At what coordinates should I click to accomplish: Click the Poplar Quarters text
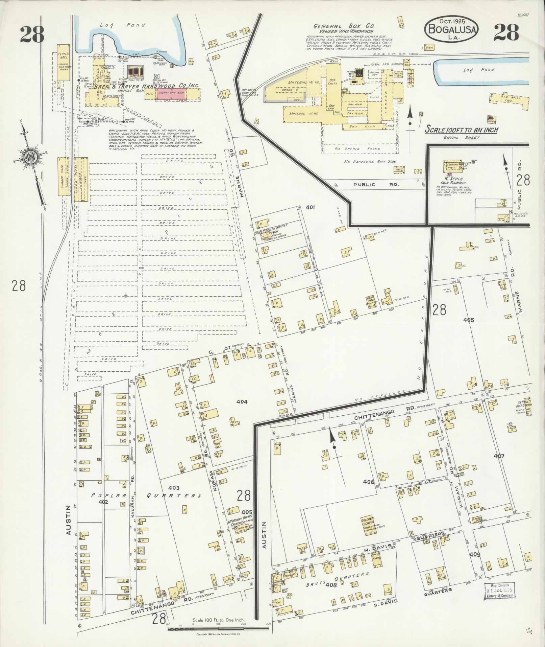click(145, 495)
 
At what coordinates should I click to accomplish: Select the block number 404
click(242, 402)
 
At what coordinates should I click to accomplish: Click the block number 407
click(499, 456)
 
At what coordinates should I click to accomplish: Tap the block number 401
click(310, 207)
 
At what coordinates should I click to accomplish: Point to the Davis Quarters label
click(338, 583)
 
